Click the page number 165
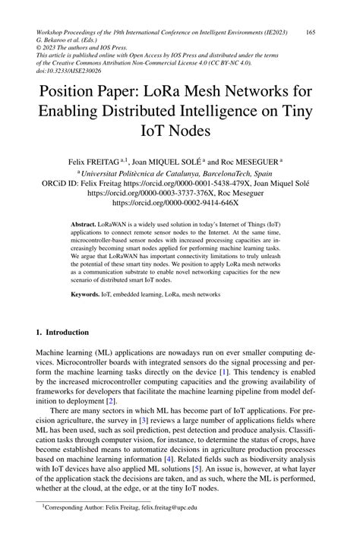point(311,32)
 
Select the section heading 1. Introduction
point(63,332)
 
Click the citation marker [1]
point(224,373)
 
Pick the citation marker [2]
point(111,400)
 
